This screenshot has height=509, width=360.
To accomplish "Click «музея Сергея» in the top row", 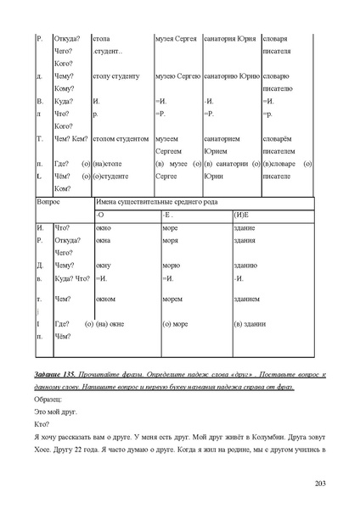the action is click(177, 39).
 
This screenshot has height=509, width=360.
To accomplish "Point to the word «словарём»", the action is click(278, 137).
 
